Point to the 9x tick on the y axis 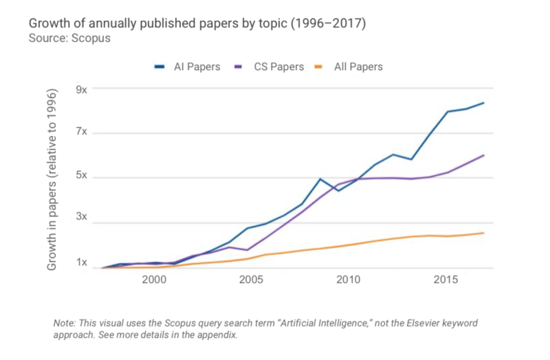(81, 89)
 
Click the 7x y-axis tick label (81, 132)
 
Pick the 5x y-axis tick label (81, 176)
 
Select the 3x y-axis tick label (81, 217)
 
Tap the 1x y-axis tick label (81, 263)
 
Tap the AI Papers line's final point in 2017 (484, 103)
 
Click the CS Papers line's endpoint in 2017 (484, 155)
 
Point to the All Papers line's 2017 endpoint (484, 233)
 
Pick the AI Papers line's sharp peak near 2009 (320, 179)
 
